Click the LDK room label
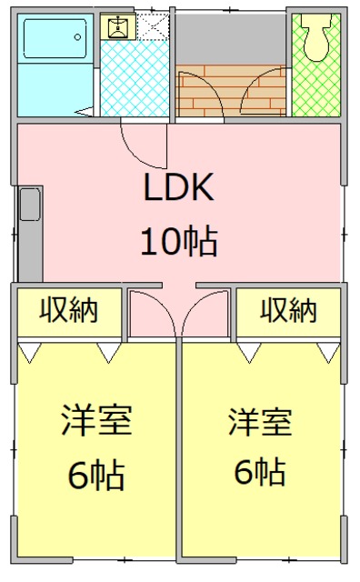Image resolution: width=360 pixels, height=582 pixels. (178, 188)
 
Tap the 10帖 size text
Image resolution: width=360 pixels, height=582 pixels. (178, 242)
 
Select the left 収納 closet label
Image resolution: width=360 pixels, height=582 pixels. (69, 310)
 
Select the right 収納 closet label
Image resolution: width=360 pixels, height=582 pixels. (289, 310)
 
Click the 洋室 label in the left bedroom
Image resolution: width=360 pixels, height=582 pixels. (96, 421)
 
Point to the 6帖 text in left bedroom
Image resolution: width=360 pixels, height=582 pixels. (96, 474)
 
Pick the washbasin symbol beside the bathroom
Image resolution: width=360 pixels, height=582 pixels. (117, 26)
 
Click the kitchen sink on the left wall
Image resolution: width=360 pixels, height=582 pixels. (29, 204)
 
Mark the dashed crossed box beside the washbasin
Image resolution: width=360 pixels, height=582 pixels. (152, 26)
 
